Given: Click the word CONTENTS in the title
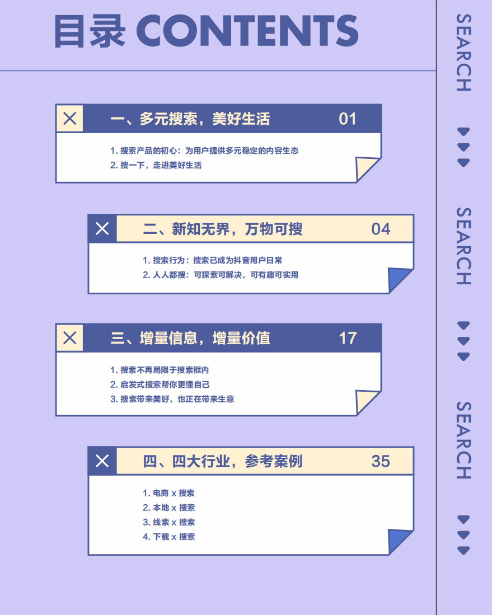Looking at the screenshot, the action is [247, 31].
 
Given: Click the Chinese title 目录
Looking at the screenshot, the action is [90, 32].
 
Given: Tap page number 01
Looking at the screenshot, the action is [348, 119].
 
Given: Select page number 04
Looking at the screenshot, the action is [381, 229].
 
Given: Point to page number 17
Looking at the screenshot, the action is [348, 338].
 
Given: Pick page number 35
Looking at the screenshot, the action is [381, 461].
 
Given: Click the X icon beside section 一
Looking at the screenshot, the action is [70, 119].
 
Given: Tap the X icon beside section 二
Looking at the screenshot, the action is [102, 229].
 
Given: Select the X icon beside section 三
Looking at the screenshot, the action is [70, 338].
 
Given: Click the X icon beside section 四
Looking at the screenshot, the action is [102, 461].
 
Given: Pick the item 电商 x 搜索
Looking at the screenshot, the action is [168, 493].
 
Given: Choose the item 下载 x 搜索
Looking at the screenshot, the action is [168, 537].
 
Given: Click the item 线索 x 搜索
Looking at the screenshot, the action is [168, 522].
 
